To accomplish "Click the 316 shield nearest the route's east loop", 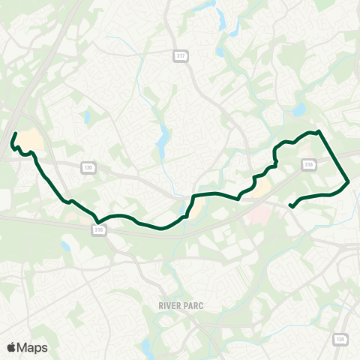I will pos(308,164).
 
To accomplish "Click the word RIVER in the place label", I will pos(170,306).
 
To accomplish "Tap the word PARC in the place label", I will pos(193,306).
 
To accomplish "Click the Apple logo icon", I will pos(11,347).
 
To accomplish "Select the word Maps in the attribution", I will pos(32,347).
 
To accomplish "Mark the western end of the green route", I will pos(16,133).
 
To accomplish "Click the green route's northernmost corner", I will pos(319,131).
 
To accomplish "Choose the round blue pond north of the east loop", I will pos(300,109).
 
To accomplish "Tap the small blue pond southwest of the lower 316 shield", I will pos(66,246).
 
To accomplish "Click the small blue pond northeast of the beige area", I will pos(88,117).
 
